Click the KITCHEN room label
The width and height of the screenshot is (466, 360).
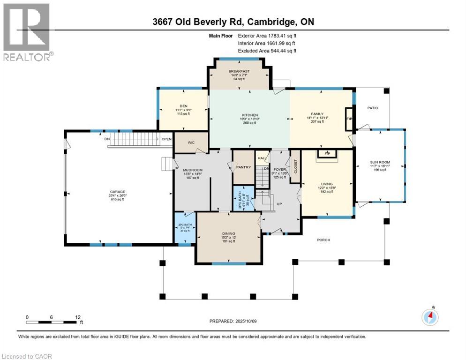click(249, 115)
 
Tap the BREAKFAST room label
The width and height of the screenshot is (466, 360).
click(239, 71)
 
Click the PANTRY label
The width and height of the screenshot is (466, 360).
click(244, 167)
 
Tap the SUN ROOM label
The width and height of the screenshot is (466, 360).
click(380, 162)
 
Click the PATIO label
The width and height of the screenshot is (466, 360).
click(372, 108)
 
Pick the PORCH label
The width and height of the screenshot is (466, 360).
click(323, 240)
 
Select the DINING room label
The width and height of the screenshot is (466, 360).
click(229, 233)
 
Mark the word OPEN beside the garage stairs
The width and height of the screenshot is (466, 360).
click(166, 139)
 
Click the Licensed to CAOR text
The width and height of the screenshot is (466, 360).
click(27, 356)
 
